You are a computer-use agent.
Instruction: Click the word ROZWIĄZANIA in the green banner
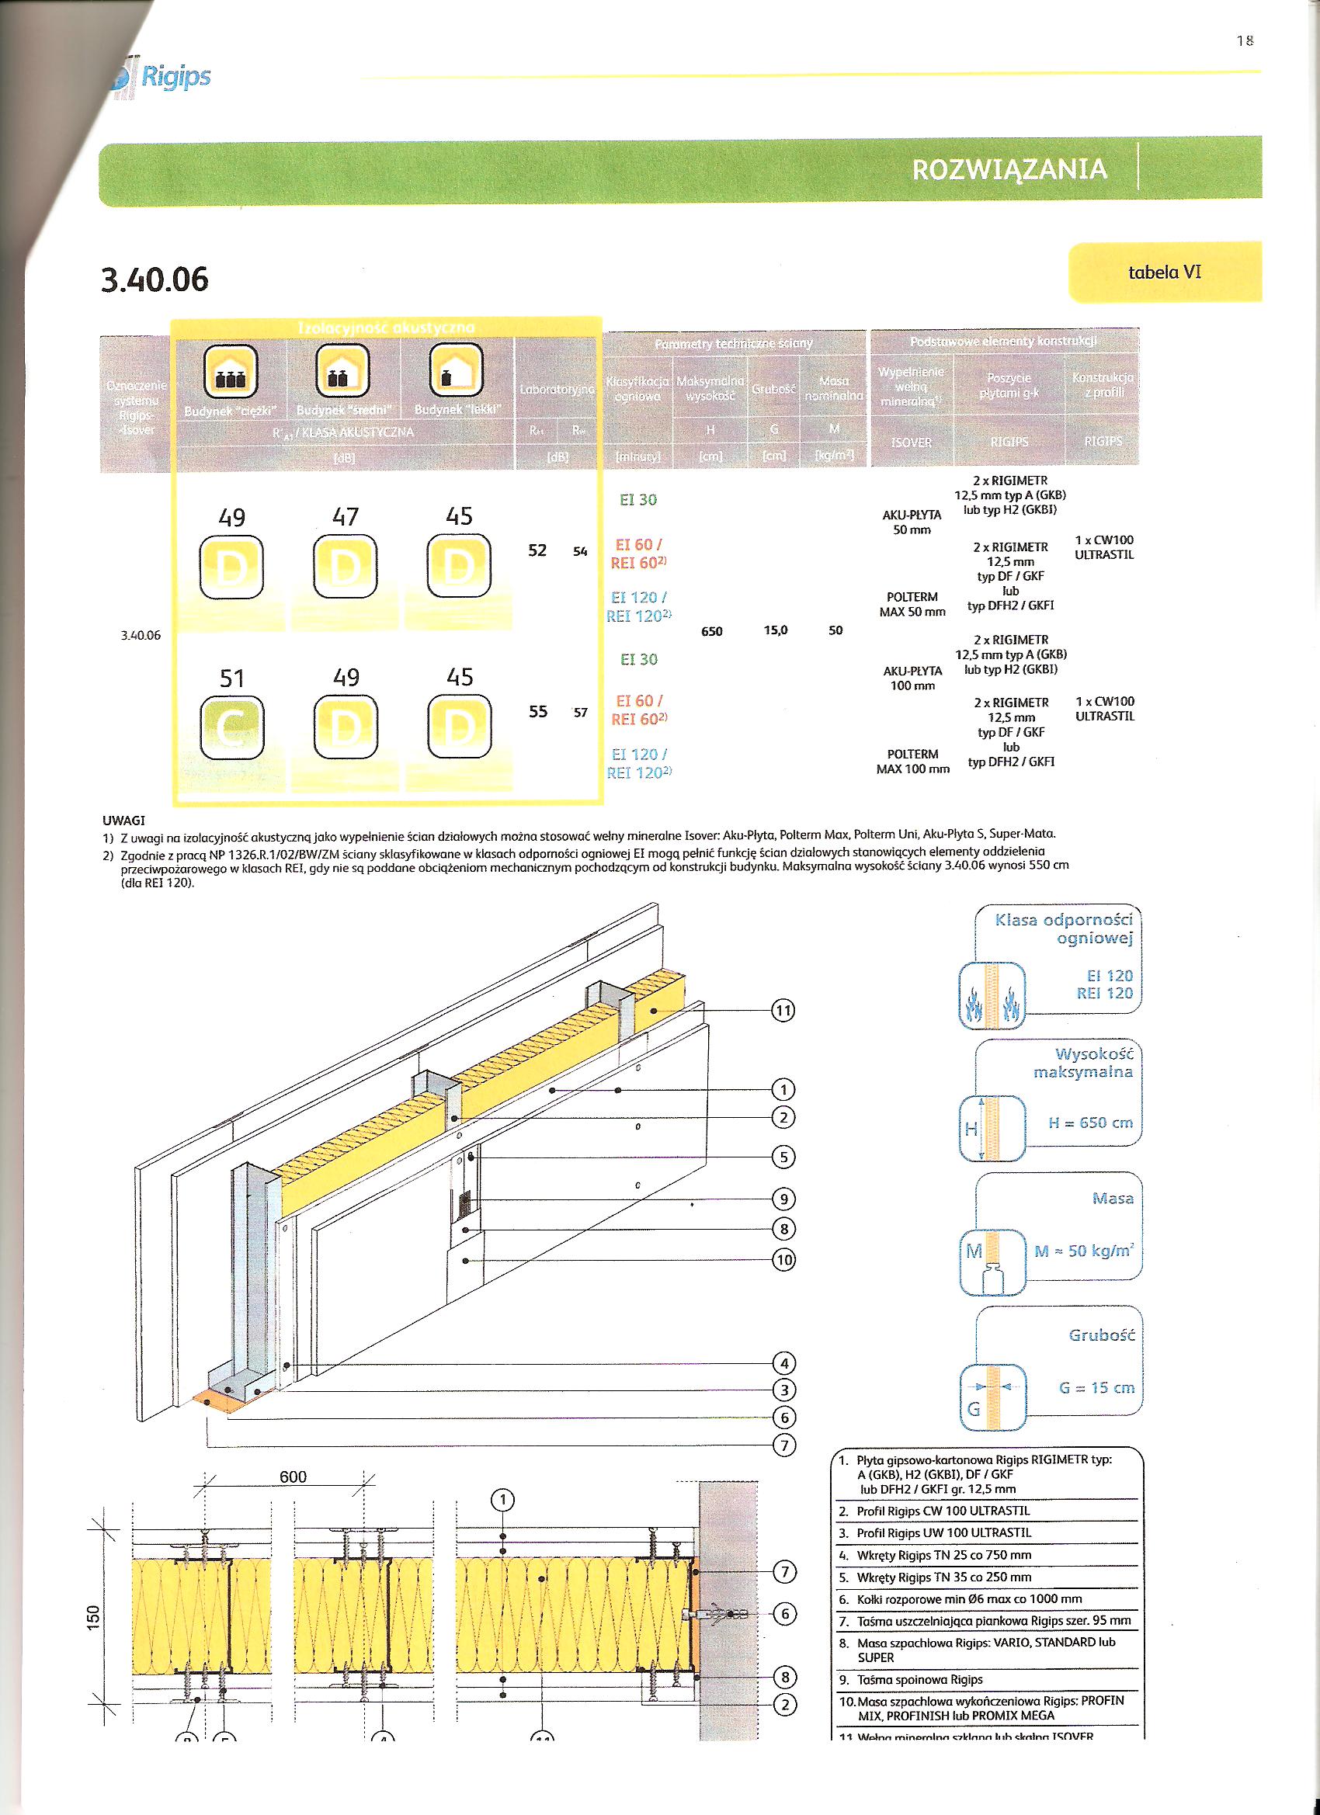click(1009, 169)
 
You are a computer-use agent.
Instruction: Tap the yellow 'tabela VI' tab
click(1164, 272)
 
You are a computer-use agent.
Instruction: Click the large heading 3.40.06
click(155, 279)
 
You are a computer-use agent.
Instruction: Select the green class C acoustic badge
click(231, 727)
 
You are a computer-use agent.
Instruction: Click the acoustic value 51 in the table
click(231, 678)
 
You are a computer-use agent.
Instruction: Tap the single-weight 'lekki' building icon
click(457, 370)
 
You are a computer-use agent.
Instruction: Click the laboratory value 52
click(537, 550)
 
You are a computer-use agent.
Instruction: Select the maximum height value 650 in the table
click(710, 631)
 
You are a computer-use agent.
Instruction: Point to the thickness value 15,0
click(775, 630)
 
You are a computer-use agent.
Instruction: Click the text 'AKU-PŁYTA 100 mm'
click(912, 678)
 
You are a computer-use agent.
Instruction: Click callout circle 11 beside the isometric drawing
click(782, 1011)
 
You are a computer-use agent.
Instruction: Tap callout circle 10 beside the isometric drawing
click(783, 1260)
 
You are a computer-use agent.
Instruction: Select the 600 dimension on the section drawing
click(293, 1477)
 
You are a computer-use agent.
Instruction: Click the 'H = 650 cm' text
click(1090, 1123)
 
